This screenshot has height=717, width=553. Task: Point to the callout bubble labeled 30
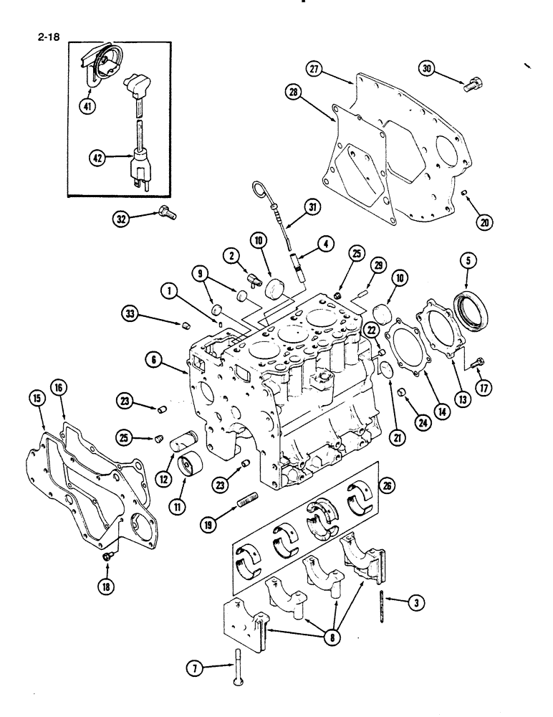[427, 69]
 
